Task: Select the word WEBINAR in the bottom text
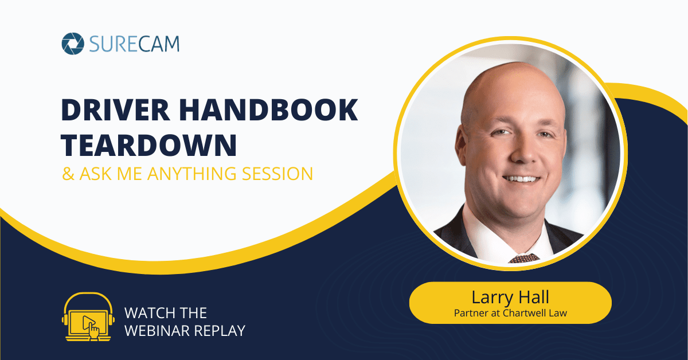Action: point(154,331)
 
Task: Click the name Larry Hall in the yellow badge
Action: point(510,298)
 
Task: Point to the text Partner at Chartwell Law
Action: point(510,314)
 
